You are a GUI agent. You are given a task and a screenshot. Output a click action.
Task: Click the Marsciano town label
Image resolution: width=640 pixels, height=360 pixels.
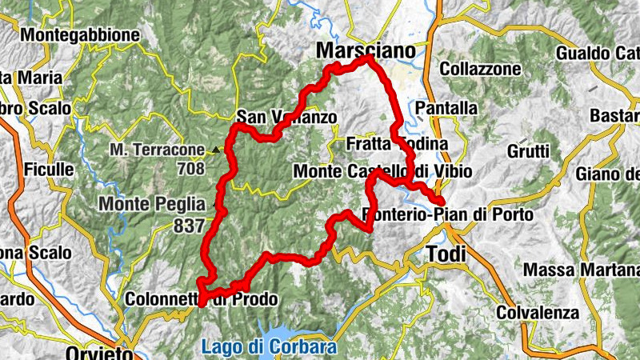pyautogui.click(x=367, y=50)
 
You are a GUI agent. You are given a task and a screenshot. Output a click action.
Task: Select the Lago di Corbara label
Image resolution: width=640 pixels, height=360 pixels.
pyautogui.click(x=270, y=348)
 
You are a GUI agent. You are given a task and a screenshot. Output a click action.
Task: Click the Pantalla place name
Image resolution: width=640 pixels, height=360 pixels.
pyautogui.click(x=446, y=108)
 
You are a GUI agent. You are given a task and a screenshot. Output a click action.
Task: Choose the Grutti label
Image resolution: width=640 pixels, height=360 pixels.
pyautogui.click(x=528, y=150)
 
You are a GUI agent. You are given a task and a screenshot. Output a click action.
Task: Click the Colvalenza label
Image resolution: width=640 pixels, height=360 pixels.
pyautogui.click(x=535, y=312)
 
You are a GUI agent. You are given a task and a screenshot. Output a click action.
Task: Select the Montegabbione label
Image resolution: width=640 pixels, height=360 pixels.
pyautogui.click(x=80, y=35)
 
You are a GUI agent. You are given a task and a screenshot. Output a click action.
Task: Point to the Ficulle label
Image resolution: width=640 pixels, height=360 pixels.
pyautogui.click(x=50, y=170)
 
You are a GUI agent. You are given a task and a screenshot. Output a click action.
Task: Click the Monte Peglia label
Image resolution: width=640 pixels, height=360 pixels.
pyautogui.click(x=151, y=204)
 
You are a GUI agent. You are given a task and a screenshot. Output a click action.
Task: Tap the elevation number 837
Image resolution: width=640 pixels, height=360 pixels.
pyautogui.click(x=189, y=226)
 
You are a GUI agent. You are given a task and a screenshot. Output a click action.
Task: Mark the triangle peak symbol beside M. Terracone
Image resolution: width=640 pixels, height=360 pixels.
pyautogui.click(x=215, y=150)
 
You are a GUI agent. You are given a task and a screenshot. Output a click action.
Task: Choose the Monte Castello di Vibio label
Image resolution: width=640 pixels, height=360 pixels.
pyautogui.click(x=382, y=171)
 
